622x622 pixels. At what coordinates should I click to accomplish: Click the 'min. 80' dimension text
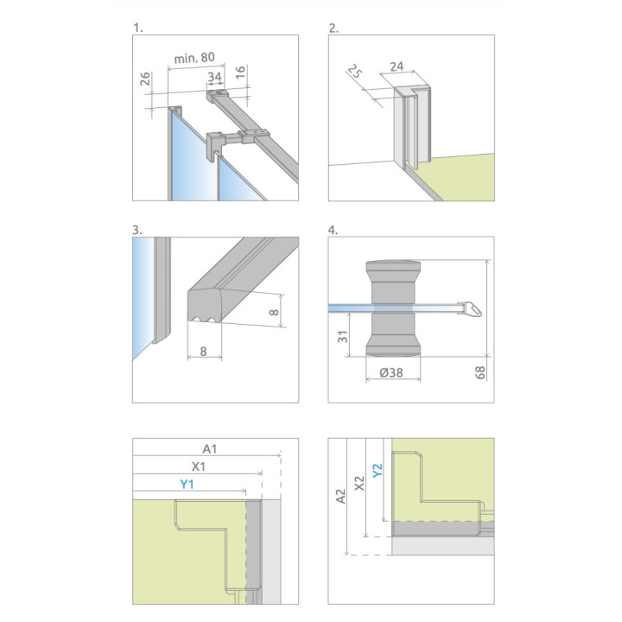click(194, 58)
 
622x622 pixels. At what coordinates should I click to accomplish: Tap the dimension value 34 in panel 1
click(214, 77)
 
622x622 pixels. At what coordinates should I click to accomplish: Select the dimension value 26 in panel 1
click(145, 79)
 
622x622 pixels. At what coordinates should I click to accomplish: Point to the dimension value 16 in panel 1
click(240, 73)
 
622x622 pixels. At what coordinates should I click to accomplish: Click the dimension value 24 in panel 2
click(397, 67)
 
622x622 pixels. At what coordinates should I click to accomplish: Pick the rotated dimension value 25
click(355, 72)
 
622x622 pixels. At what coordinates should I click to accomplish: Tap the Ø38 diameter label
click(391, 372)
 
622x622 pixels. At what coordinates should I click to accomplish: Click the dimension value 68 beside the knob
click(480, 372)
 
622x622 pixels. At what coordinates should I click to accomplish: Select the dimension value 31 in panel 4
click(342, 336)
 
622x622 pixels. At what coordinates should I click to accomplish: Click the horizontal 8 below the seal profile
click(203, 351)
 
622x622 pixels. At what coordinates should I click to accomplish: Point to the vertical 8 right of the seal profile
click(274, 312)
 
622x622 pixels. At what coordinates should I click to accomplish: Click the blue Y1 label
click(187, 484)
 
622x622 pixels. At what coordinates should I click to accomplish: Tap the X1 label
click(199, 466)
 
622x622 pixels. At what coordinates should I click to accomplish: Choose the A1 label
click(210, 449)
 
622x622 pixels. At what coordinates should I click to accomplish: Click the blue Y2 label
click(378, 471)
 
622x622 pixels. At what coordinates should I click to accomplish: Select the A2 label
click(340, 496)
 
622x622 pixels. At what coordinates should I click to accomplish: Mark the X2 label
click(359, 483)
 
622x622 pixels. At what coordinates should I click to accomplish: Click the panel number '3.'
click(136, 230)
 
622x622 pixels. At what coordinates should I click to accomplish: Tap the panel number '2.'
click(333, 29)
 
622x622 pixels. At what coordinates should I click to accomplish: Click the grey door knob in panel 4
click(393, 308)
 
